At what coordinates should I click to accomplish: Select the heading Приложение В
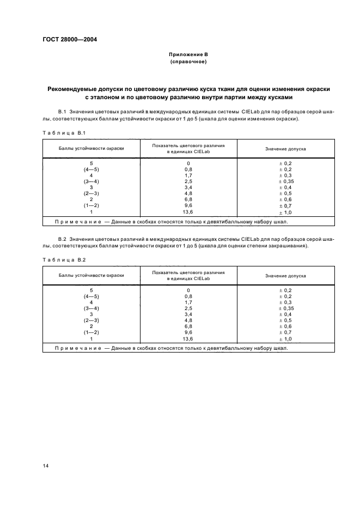188,55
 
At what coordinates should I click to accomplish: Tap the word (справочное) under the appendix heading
188,62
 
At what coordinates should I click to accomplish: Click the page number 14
46,465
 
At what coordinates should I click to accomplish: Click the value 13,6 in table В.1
188,211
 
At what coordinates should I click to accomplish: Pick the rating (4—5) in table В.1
91,169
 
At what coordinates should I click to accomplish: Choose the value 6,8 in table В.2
188,326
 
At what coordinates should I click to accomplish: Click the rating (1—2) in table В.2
91,332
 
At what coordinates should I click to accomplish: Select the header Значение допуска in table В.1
285,149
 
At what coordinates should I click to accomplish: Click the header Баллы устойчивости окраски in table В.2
91,275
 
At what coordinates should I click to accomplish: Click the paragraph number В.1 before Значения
62,111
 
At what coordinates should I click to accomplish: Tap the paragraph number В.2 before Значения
62,239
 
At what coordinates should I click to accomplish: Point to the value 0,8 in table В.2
188,296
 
